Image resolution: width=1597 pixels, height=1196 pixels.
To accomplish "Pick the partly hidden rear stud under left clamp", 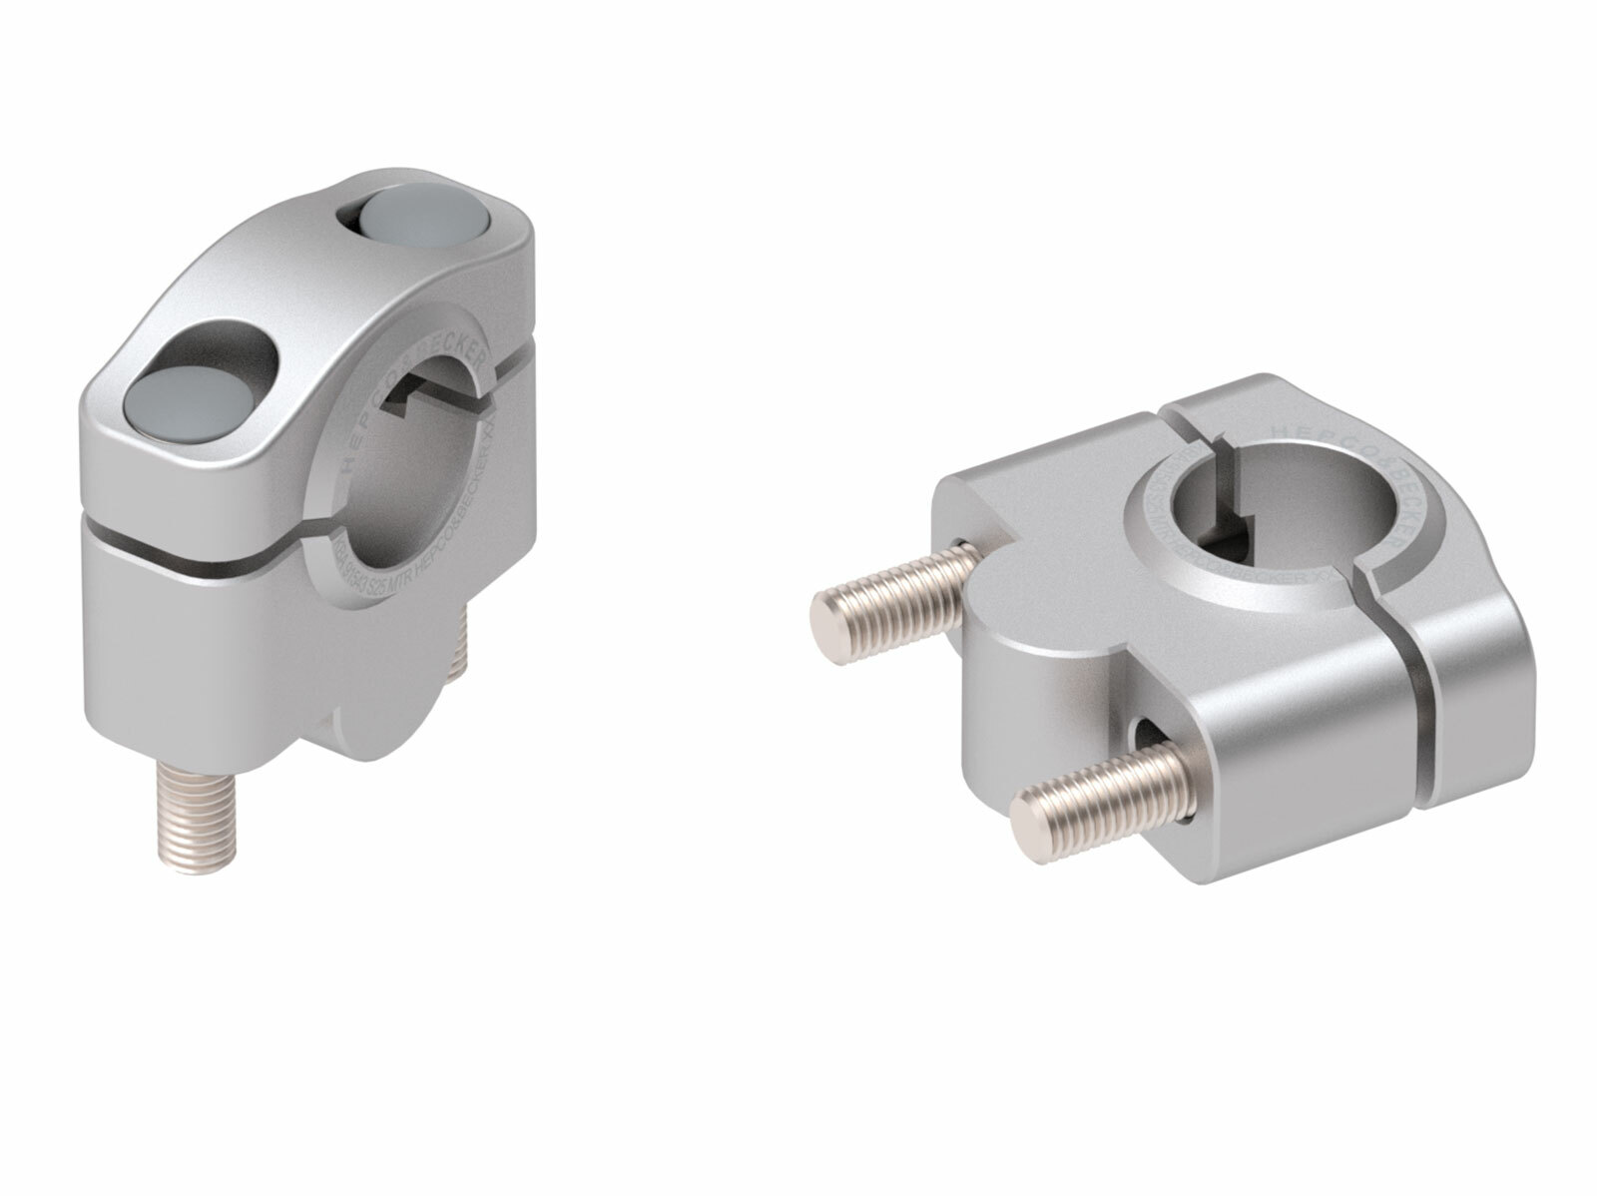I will click(x=460, y=649).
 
